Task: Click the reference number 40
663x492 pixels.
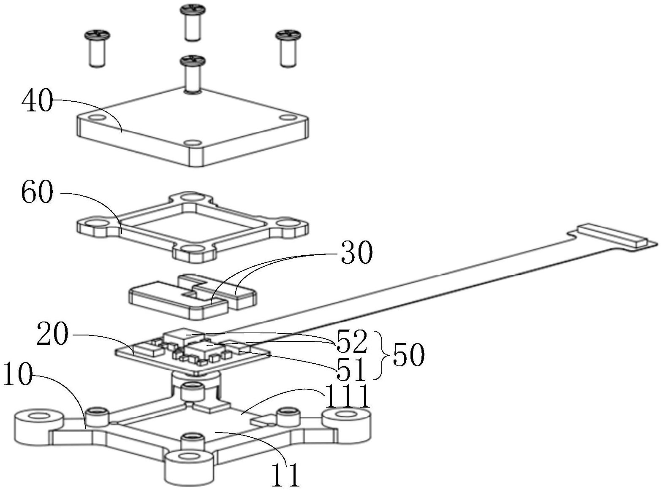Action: [x=37, y=101]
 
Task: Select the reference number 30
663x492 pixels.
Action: [x=357, y=253]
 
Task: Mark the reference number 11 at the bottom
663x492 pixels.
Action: [x=285, y=474]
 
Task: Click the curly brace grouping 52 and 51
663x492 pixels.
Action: [x=382, y=355]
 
